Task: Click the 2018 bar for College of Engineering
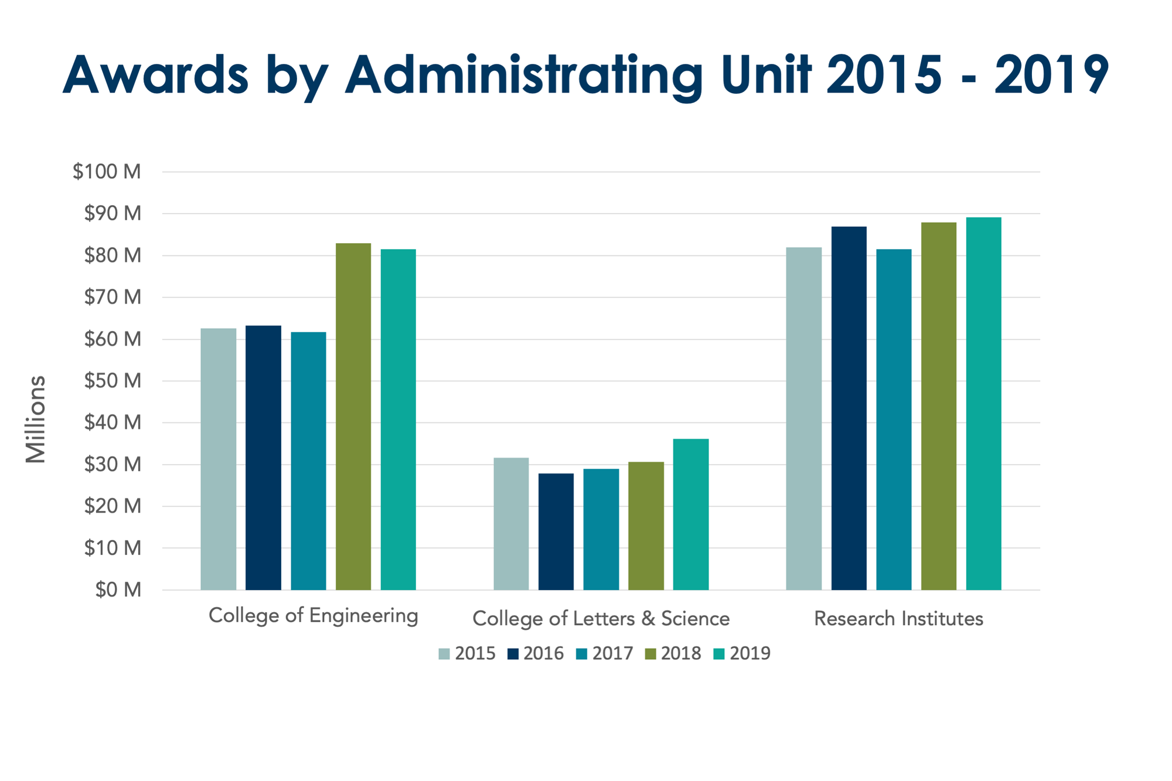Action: coord(353,416)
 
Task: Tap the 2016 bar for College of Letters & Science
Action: coord(556,531)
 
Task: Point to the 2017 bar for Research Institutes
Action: coord(894,419)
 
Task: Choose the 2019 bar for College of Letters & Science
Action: coord(690,514)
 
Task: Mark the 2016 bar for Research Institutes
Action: coord(849,408)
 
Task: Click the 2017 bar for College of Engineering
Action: coord(308,461)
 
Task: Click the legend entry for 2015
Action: coord(467,653)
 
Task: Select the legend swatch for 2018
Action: coord(650,654)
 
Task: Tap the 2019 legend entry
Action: coord(742,653)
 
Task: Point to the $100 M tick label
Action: coord(107,172)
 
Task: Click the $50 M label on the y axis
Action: coord(113,381)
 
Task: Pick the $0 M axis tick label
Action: coord(118,589)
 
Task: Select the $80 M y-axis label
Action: coord(113,255)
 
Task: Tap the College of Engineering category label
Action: coord(314,616)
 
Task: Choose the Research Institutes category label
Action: coord(898,619)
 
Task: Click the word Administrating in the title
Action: coord(523,75)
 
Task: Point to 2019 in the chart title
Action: coord(1051,75)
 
